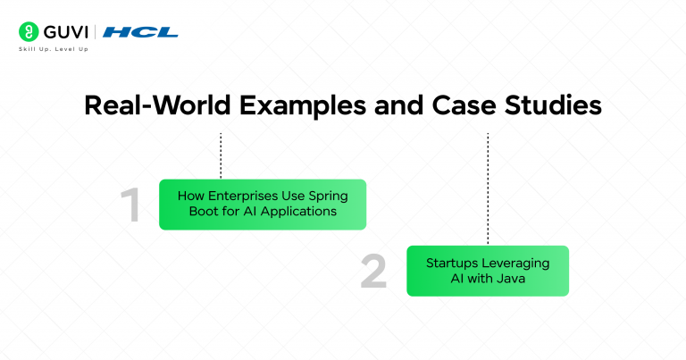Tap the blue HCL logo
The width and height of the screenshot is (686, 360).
[x=140, y=32]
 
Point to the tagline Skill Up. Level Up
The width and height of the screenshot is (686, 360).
[x=53, y=48]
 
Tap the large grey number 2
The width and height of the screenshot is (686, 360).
[x=374, y=272]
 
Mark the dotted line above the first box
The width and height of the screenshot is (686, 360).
[x=221, y=155]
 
